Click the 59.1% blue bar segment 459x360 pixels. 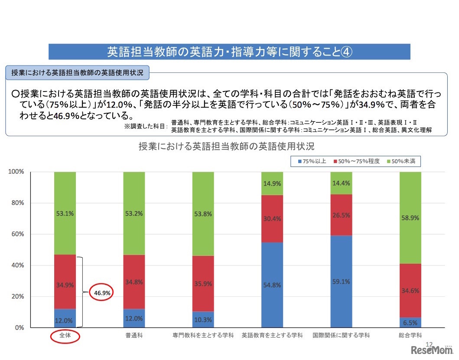pos(341,281)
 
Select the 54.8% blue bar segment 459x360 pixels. pos(272,285)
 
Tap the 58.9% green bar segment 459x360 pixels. pos(410,218)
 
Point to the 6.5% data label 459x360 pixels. pos(410,323)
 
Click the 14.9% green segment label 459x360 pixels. pos(272,183)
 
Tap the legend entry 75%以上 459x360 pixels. pos(311,161)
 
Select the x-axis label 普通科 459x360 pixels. pos(134,336)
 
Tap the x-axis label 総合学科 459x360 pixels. pos(410,336)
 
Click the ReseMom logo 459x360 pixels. pos(432,350)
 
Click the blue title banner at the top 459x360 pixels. pos(229,52)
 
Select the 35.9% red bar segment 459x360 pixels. pos(203,284)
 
